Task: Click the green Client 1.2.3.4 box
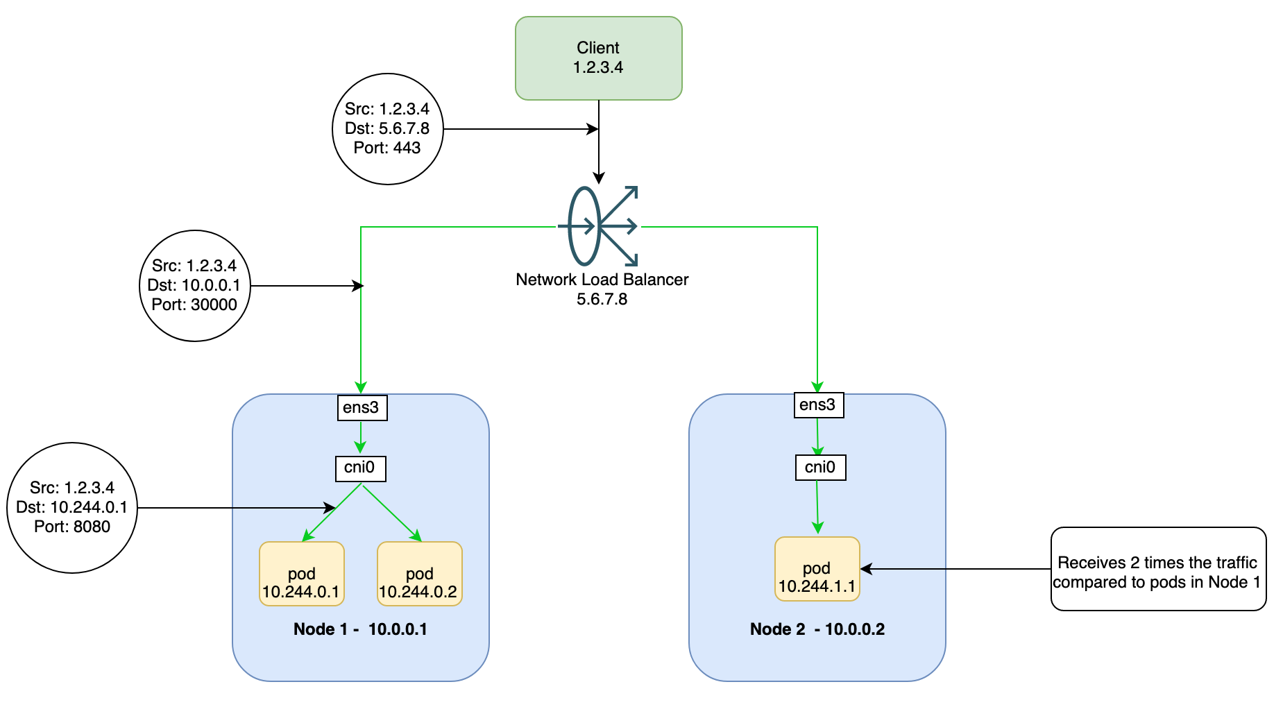point(598,58)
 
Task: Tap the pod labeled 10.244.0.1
point(302,574)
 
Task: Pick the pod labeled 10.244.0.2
point(419,574)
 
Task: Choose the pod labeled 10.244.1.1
point(817,569)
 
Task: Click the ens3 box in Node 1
point(362,407)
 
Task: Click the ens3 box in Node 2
point(818,404)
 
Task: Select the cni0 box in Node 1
point(360,468)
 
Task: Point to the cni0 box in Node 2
point(820,467)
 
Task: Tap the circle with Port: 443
point(387,129)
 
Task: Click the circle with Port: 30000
point(194,286)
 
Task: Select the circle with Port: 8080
point(72,508)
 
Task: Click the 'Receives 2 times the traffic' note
point(1157,569)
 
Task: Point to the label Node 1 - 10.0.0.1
point(360,629)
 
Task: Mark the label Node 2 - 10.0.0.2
point(817,629)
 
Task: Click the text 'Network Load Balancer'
point(602,280)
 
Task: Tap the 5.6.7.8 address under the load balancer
point(602,299)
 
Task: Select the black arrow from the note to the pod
point(958,569)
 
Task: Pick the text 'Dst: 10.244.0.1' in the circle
point(72,507)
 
